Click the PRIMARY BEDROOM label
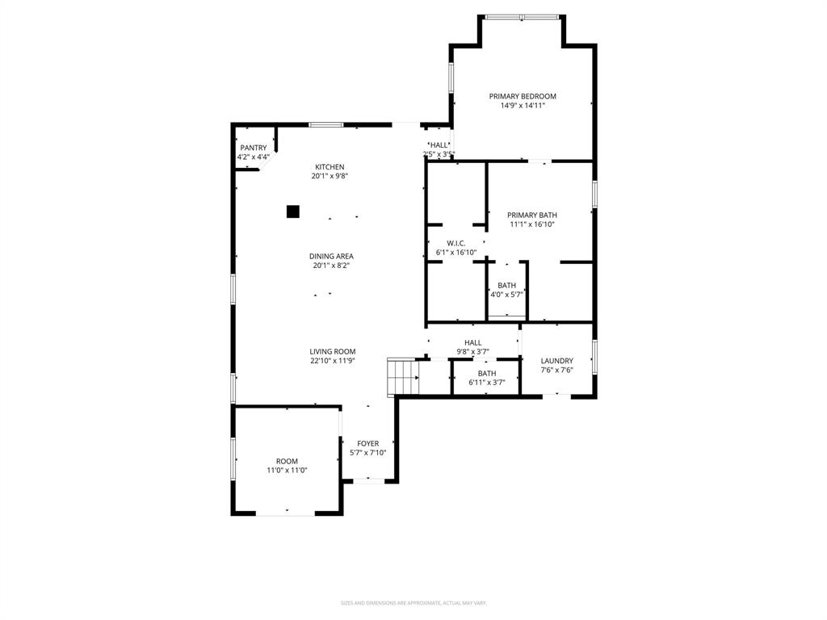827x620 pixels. [x=523, y=96]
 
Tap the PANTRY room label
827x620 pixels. [x=253, y=148]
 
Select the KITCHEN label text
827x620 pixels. [x=330, y=167]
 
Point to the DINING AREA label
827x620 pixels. [x=332, y=257]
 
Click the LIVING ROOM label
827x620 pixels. [x=333, y=351]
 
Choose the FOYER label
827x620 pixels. [x=368, y=443]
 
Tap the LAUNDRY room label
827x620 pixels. [x=557, y=361]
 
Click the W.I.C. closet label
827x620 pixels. [x=456, y=243]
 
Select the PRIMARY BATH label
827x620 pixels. [x=532, y=215]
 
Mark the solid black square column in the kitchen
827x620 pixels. [x=293, y=212]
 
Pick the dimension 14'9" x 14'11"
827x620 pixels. [x=523, y=105]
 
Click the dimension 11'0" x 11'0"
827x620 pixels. [x=287, y=470]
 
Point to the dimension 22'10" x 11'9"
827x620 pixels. [x=333, y=361]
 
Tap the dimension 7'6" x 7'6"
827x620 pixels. [x=557, y=371]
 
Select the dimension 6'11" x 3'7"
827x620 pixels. [x=487, y=382]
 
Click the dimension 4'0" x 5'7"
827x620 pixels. [x=507, y=295]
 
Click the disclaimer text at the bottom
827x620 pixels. [x=413, y=602]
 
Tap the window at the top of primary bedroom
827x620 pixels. [x=521, y=17]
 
